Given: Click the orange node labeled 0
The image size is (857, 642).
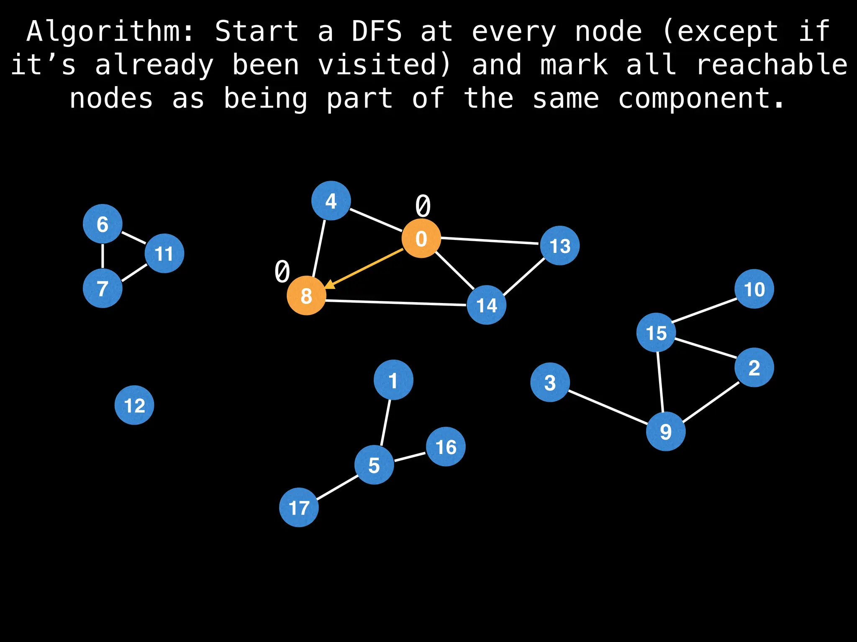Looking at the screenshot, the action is [x=421, y=238].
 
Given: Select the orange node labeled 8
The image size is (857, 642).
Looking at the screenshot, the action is [x=306, y=296].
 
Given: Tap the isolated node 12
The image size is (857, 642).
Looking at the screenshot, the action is [x=134, y=405].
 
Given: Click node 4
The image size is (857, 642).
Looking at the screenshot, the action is [x=331, y=201].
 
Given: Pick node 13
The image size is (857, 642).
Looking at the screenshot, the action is [x=560, y=245].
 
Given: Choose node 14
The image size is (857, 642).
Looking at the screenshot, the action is [x=486, y=305].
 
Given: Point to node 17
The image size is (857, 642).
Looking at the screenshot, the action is [x=299, y=507].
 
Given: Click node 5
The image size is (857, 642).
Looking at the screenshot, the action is [x=374, y=465].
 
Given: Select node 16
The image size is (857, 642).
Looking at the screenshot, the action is [x=446, y=446].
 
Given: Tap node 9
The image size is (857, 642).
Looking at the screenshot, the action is [x=666, y=431].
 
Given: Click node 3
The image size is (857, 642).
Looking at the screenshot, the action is [x=550, y=382].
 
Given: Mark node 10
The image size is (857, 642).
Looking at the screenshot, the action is [x=754, y=289].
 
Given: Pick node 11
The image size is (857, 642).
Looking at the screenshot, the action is [x=164, y=253].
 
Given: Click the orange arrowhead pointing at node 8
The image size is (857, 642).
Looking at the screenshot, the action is [x=330, y=285].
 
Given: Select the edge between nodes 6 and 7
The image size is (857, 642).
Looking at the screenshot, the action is [x=103, y=256].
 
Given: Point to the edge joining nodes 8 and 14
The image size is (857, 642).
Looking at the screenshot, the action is [x=396, y=303].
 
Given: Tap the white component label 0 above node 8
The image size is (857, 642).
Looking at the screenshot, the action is [x=282, y=271].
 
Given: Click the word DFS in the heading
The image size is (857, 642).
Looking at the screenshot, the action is [x=377, y=31].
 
